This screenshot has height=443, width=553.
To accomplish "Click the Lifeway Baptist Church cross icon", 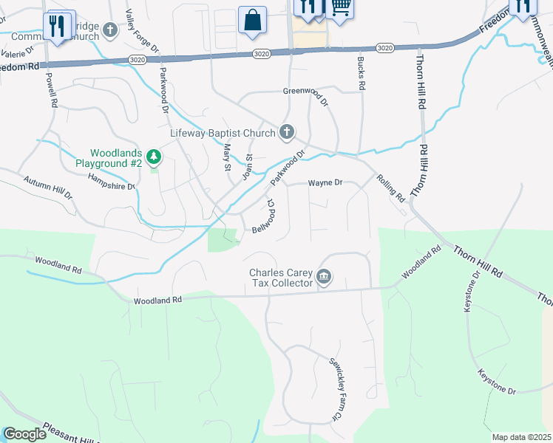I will (287, 133).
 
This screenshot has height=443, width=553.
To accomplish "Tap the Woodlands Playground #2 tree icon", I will (154, 157).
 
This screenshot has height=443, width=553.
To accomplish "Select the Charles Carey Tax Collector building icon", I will (324, 277).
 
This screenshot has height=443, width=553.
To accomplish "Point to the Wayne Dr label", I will (325, 182).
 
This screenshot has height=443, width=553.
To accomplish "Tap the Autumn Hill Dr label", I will (47, 188).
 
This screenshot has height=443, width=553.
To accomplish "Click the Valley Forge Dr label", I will (142, 30).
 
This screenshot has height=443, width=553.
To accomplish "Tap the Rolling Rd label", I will (390, 188).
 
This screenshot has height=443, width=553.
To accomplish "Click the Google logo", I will (25, 434).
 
